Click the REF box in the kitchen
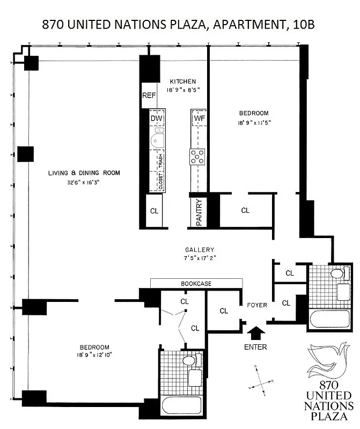[x=148, y=96]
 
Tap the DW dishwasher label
[x=156, y=118]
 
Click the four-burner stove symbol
[x=197, y=156]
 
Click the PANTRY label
[x=198, y=213]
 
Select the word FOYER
[x=256, y=306]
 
